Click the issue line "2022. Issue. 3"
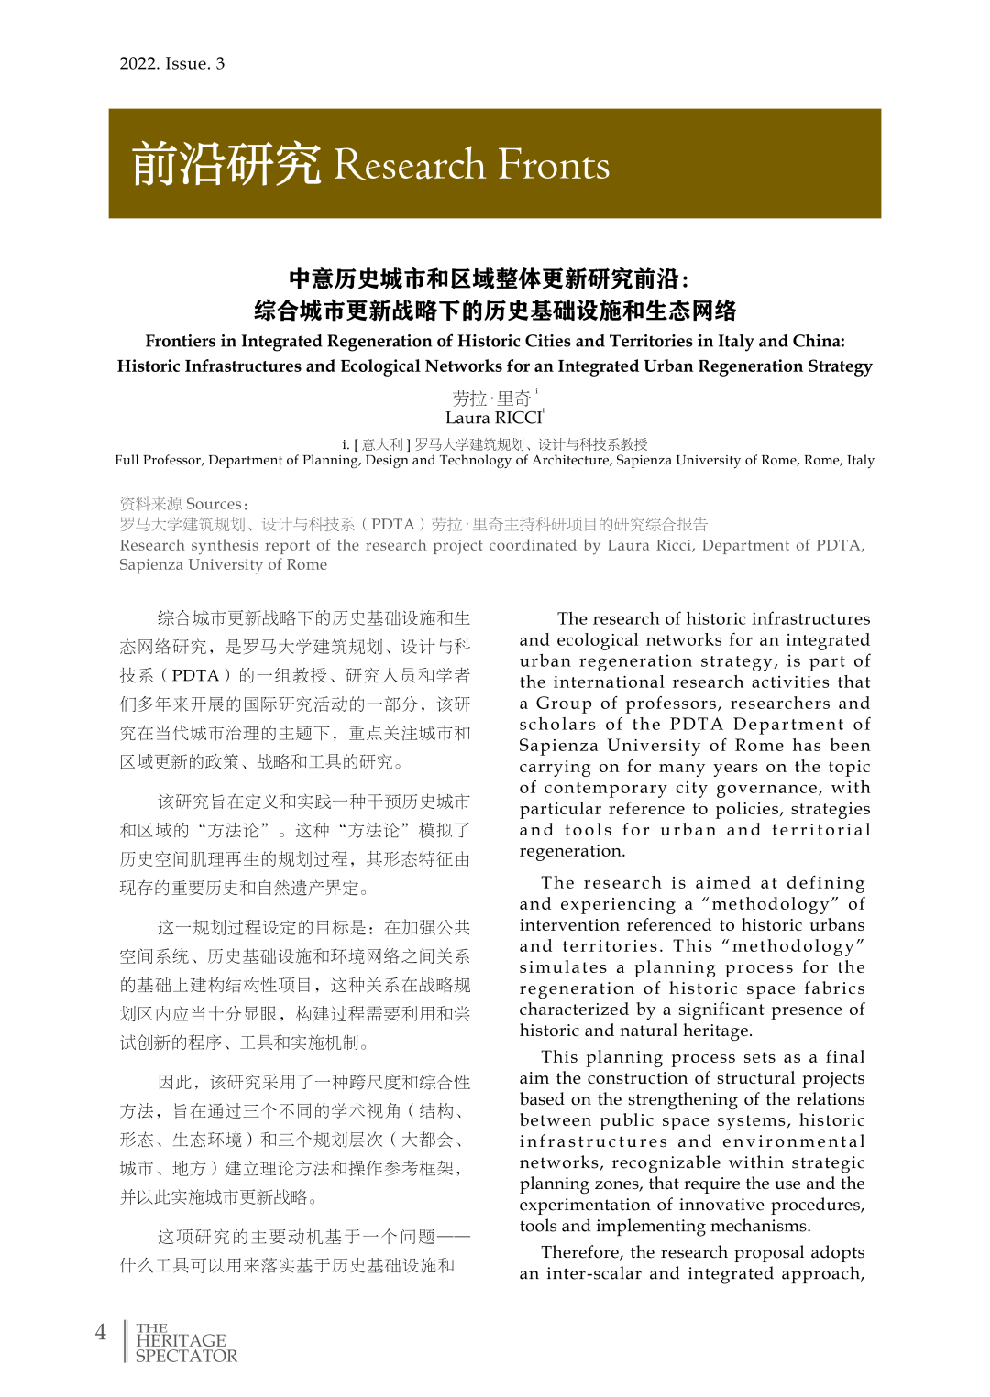coord(171,63)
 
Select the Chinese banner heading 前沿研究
coord(226,165)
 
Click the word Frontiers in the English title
coord(181,341)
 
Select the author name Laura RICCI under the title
coord(494,418)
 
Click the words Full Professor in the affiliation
coord(158,460)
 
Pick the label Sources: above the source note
coord(216,504)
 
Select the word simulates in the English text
coord(563,967)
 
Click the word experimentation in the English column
coord(580,1205)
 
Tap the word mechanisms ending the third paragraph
coord(757,1226)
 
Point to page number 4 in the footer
coord(101,1333)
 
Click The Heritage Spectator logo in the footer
coord(185,1342)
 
